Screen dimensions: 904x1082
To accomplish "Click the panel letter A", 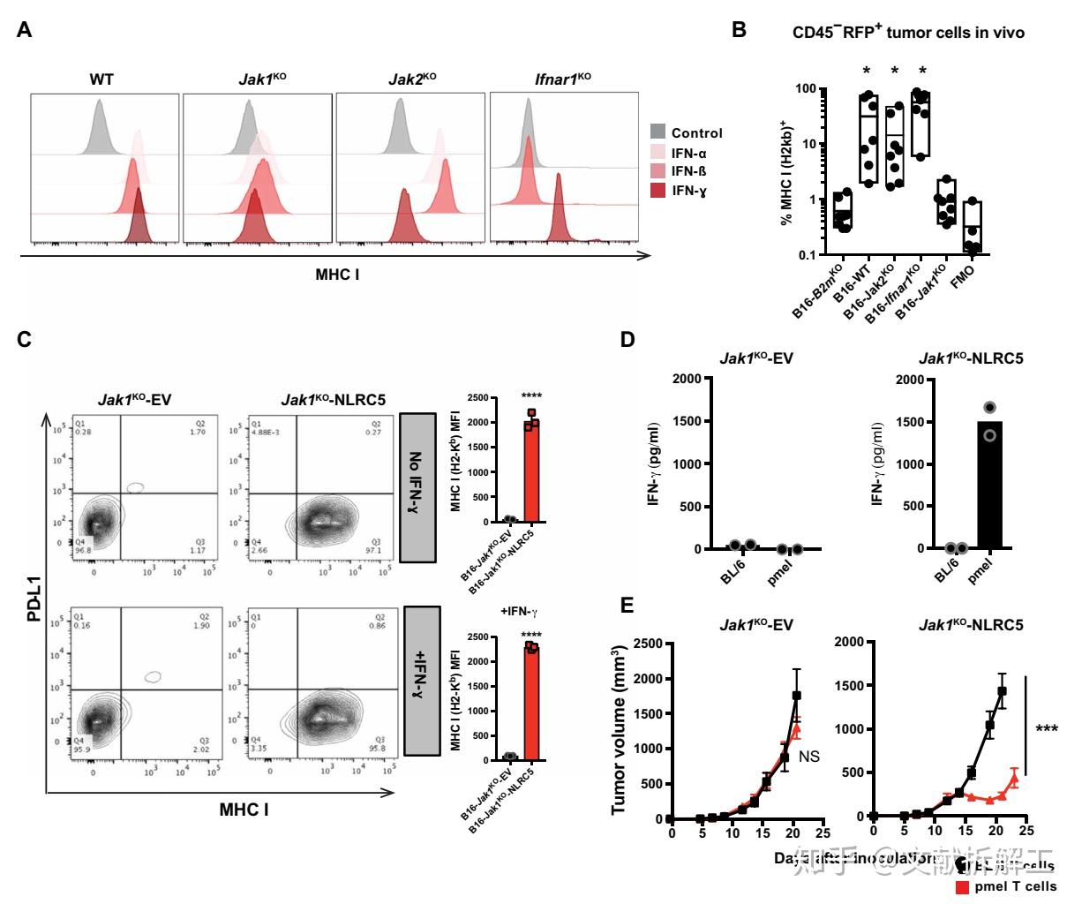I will pyautogui.click(x=25, y=31).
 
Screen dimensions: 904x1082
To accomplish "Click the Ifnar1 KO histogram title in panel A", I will pyautogui.click(x=562, y=79).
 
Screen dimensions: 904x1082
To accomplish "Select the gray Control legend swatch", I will pyautogui.click(x=657, y=132).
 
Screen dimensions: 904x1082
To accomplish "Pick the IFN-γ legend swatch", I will pyautogui.click(x=657, y=190).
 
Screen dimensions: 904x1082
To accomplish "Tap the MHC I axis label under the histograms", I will pyautogui.click(x=337, y=275).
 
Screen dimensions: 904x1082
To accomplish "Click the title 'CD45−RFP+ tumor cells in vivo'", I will pyautogui.click(x=907, y=33).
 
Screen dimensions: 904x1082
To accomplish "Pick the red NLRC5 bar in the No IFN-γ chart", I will pyautogui.click(x=531, y=469).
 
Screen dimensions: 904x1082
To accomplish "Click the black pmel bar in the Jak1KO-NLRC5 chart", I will pyautogui.click(x=990, y=485).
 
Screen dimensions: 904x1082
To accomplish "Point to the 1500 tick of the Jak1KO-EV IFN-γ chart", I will pyautogui.click(x=688, y=421).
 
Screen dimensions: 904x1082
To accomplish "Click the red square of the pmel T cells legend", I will pyautogui.click(x=964, y=886).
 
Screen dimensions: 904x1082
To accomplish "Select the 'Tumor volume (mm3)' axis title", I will pyautogui.click(x=619, y=731).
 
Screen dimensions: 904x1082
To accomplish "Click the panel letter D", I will pyautogui.click(x=627, y=340).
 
